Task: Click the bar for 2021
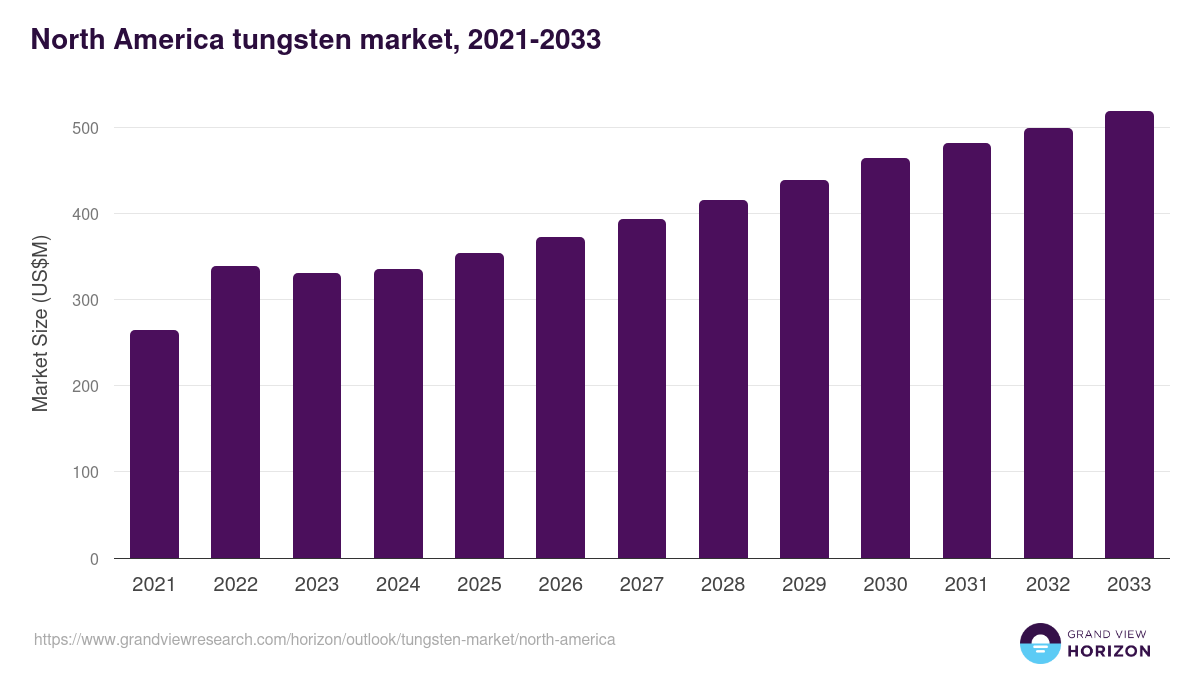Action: pyautogui.click(x=154, y=444)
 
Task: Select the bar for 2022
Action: pyautogui.click(x=235, y=412)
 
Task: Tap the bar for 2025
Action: pyautogui.click(x=479, y=405)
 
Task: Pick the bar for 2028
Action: pyautogui.click(x=723, y=379)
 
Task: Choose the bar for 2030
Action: pyautogui.click(x=885, y=358)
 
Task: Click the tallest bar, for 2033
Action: pyautogui.click(x=1129, y=335)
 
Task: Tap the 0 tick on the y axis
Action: pyautogui.click(x=94, y=559)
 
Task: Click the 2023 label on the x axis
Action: pyautogui.click(x=317, y=585)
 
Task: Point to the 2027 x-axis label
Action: pyautogui.click(x=642, y=585)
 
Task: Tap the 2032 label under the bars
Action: pyautogui.click(x=1048, y=585)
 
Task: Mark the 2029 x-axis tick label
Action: pyautogui.click(x=804, y=585)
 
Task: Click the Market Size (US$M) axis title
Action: pyautogui.click(x=40, y=322)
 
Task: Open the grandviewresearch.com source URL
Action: pyautogui.click(x=324, y=639)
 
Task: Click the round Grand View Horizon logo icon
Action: pyautogui.click(x=1040, y=643)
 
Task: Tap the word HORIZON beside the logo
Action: pyautogui.click(x=1109, y=651)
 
